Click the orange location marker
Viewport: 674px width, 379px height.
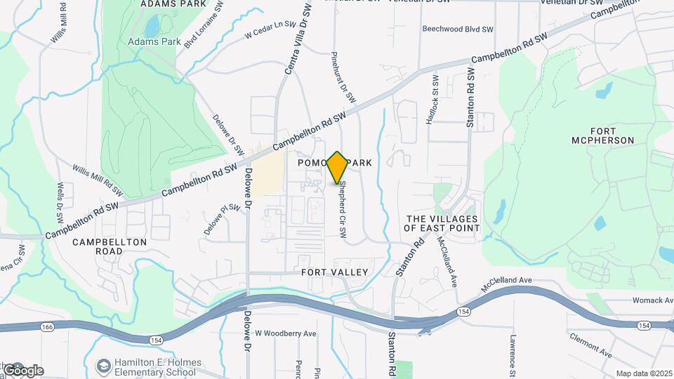pos(337,167)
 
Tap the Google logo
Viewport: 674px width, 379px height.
pos(22,370)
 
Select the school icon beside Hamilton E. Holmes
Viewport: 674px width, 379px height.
pos(104,366)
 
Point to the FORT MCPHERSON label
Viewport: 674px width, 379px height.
pos(612,135)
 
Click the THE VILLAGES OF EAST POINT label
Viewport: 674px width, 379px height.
pos(442,224)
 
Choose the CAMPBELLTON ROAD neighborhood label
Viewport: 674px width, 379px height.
pos(110,246)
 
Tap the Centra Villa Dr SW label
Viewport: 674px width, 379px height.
pos(297,38)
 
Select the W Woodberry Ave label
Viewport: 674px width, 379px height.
pos(286,333)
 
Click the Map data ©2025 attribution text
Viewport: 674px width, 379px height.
pos(643,373)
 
